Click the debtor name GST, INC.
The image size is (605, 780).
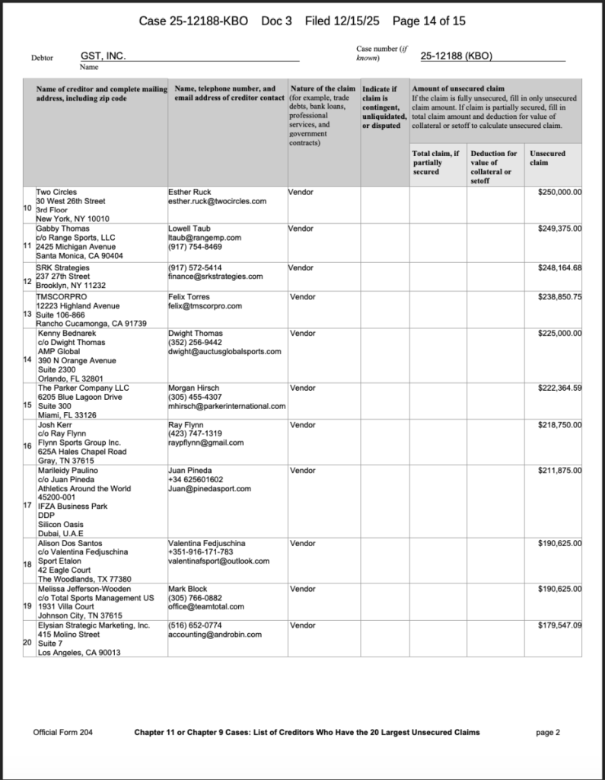(x=103, y=56)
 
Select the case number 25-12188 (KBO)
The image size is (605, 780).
(x=457, y=56)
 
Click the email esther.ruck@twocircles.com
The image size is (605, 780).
(x=217, y=201)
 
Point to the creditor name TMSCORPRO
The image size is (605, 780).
(x=59, y=296)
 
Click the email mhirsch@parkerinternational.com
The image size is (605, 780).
(x=227, y=407)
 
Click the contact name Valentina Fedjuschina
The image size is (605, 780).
(x=207, y=543)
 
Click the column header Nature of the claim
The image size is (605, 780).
(x=323, y=89)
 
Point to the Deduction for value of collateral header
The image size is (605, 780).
(x=493, y=167)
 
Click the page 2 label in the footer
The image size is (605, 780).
(x=548, y=733)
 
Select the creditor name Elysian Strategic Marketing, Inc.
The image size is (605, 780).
(x=93, y=625)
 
